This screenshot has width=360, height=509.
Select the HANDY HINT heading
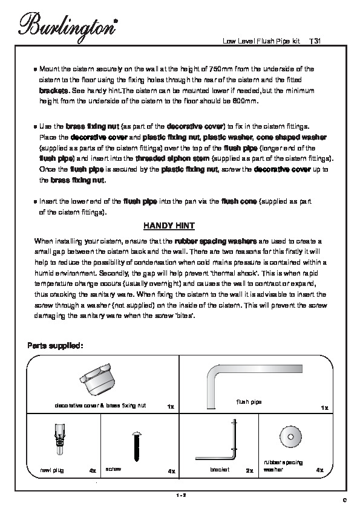click(x=169, y=225)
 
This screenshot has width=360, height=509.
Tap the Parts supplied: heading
click(x=55, y=346)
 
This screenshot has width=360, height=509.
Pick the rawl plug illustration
click(x=59, y=439)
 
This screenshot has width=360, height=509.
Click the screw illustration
click(x=137, y=446)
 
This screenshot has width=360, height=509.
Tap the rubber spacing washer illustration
click(x=290, y=437)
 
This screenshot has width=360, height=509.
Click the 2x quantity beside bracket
click(x=249, y=471)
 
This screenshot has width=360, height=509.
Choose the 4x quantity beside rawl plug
click(x=93, y=471)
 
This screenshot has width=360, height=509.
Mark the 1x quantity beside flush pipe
click(x=324, y=407)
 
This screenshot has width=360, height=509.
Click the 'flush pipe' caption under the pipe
click(x=249, y=402)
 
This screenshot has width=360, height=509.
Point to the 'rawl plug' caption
click(x=52, y=470)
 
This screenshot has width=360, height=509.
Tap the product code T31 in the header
click(x=315, y=41)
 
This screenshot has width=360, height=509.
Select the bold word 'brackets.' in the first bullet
click(x=54, y=90)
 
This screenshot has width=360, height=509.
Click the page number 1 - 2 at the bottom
click(x=180, y=495)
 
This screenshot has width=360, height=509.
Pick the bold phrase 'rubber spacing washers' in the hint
click(x=216, y=241)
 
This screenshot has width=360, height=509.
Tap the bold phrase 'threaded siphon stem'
click(x=172, y=159)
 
